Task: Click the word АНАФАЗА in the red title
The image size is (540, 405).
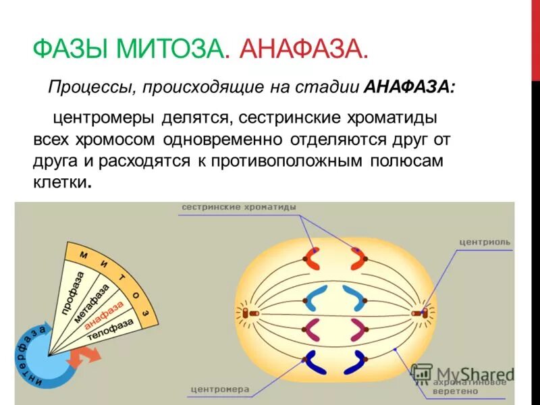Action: pyautogui.click(x=303, y=49)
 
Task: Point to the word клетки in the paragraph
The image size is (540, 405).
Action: pyautogui.click(x=61, y=182)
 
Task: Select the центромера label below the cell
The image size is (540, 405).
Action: pyautogui.click(x=220, y=389)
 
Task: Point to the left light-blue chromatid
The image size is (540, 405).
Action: pyautogui.click(x=315, y=298)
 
